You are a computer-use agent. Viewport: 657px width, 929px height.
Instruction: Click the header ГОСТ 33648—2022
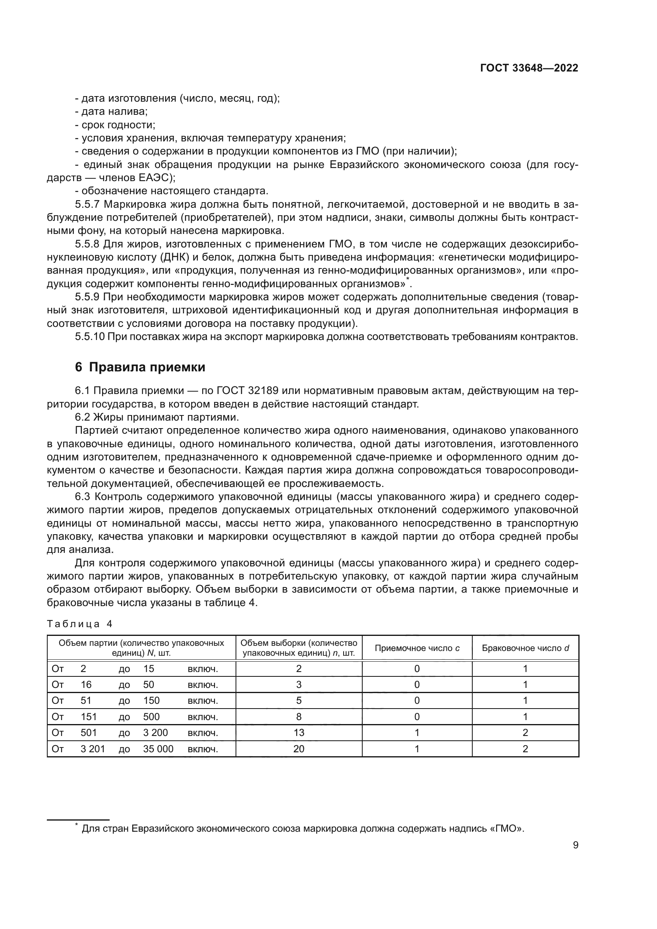(529, 68)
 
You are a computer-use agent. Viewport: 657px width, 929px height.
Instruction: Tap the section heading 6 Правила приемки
(140, 367)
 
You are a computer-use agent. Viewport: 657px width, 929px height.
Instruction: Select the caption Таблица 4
(79, 624)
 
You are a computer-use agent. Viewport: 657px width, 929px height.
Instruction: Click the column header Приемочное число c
(417, 648)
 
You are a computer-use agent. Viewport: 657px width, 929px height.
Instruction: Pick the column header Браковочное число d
(525, 648)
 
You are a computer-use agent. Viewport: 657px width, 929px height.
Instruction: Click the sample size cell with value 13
(299, 732)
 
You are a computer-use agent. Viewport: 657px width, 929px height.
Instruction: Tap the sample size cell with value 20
(299, 749)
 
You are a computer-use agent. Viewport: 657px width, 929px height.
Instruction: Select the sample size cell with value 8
(299, 717)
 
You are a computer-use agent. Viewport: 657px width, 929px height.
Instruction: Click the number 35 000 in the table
(158, 749)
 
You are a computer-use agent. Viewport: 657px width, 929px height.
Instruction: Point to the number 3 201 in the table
(93, 749)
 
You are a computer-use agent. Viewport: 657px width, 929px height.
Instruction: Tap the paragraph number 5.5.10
(90, 337)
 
